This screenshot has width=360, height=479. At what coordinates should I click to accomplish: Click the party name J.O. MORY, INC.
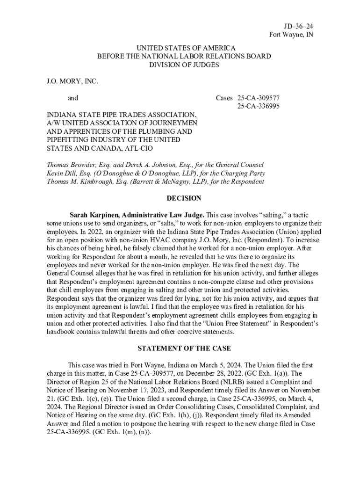(72, 81)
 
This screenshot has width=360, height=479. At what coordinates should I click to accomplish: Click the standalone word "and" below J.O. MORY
(73, 98)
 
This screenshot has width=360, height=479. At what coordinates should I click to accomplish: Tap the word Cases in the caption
(224, 98)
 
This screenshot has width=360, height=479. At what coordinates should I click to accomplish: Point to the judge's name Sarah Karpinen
(94, 215)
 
